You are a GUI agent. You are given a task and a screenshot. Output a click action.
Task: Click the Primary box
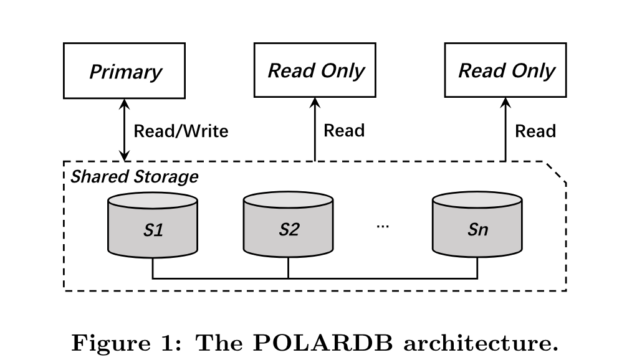125,71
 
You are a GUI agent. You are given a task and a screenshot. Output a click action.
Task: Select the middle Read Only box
315,70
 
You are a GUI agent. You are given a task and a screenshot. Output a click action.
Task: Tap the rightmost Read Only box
505,70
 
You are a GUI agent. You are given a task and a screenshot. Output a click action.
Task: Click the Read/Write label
181,131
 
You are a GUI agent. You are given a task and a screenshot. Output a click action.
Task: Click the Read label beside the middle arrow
344,131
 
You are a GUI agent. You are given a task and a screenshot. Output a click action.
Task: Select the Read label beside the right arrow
535,131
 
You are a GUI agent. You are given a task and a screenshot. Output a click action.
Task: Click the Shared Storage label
135,176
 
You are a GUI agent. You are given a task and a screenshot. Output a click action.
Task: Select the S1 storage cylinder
153,227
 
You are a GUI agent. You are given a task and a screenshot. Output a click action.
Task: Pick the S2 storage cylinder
288,227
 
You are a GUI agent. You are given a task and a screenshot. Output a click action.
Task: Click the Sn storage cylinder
477,227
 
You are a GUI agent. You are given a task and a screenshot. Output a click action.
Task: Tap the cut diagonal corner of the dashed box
557,172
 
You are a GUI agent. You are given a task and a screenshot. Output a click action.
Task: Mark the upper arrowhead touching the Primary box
125,103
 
